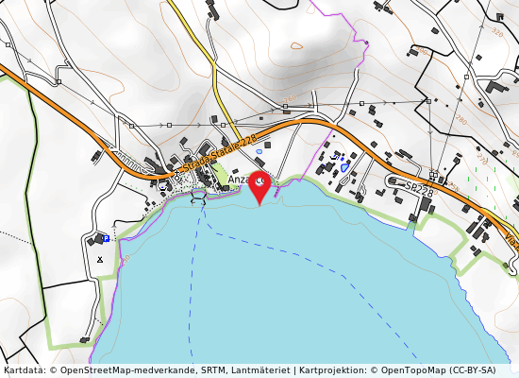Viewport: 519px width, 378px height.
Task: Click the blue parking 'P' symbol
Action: pyautogui.click(x=106, y=238)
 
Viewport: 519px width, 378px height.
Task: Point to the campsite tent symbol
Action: pyautogui.click(x=100, y=258)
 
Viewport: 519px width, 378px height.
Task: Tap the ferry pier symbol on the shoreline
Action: pyautogui.click(x=197, y=197)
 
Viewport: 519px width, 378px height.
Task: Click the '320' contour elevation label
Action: pyautogui.click(x=496, y=32)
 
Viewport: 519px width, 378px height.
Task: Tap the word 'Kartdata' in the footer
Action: pyautogui.click(x=25, y=370)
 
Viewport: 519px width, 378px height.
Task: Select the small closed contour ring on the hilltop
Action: pyautogui.click(x=296, y=44)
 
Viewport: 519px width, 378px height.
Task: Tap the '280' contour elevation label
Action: pyautogui.click(x=460, y=121)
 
